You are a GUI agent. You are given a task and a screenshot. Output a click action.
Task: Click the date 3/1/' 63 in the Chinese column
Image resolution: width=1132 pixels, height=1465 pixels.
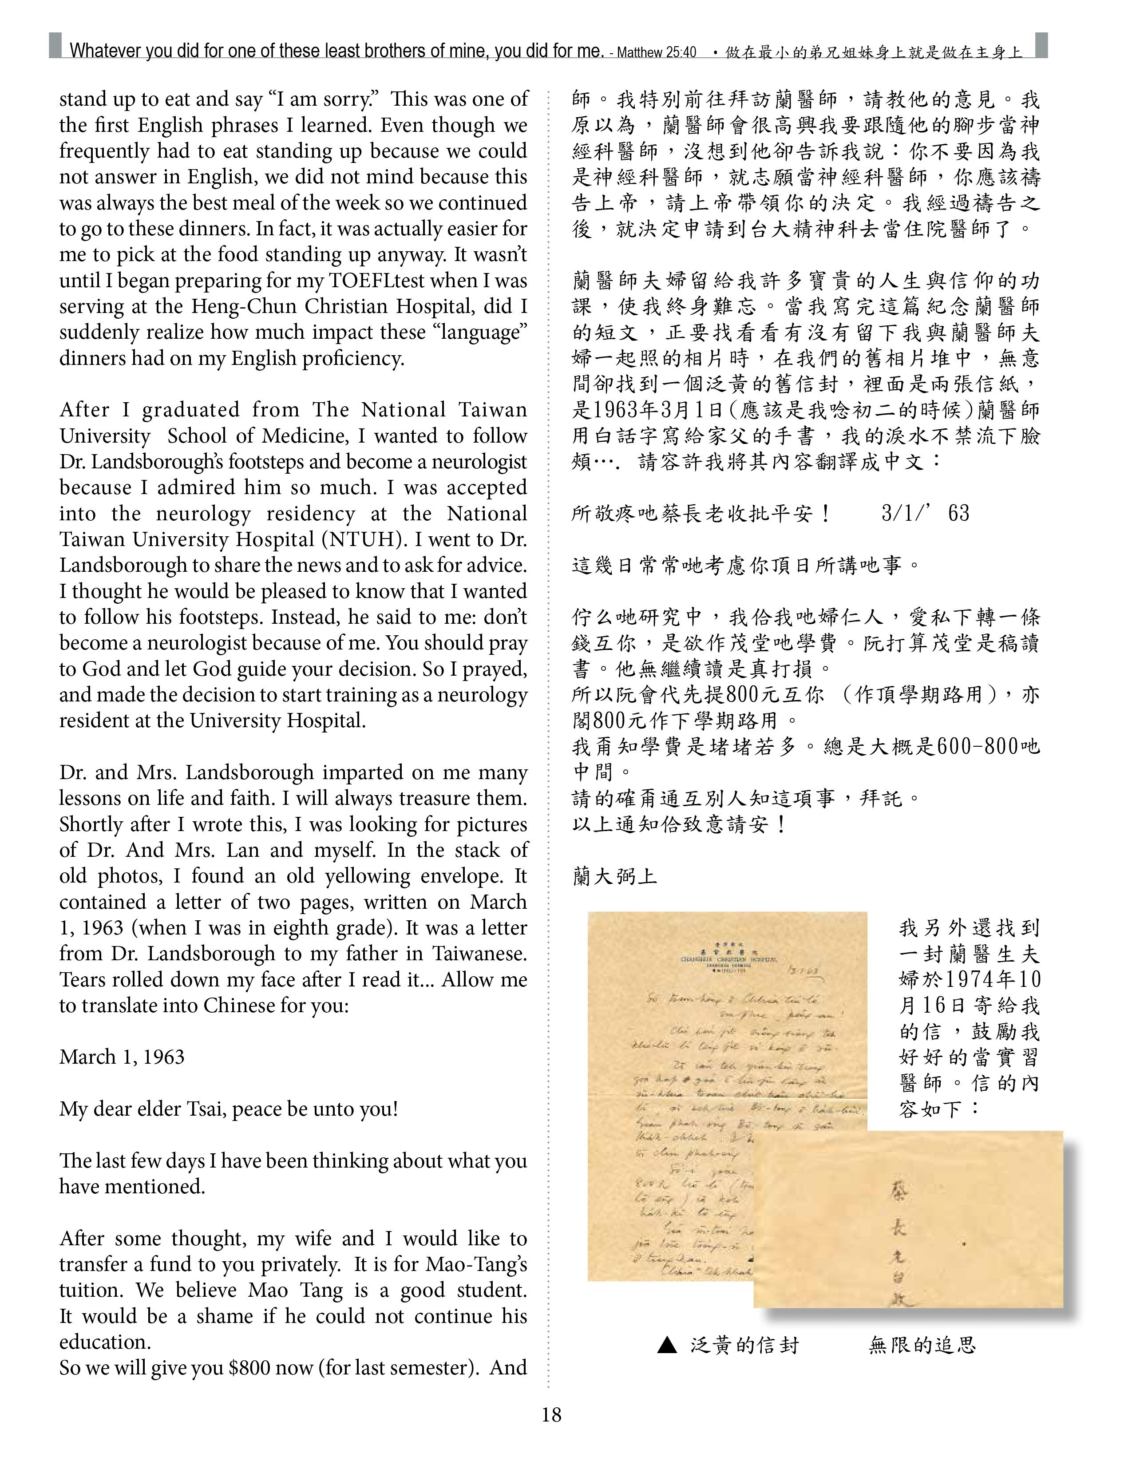coord(926,514)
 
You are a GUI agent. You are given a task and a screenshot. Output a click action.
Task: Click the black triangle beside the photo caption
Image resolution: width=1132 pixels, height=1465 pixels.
coord(667,1344)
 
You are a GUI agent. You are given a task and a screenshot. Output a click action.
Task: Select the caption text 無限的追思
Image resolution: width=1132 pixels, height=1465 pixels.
coord(922,1344)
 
